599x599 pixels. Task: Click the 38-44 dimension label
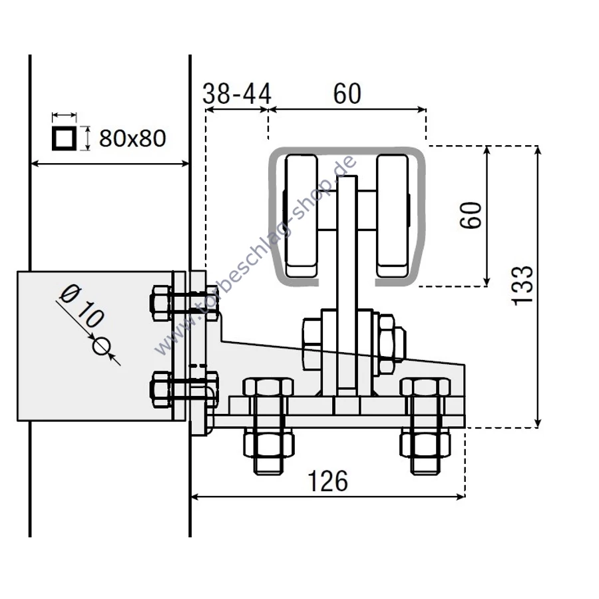coord(236,94)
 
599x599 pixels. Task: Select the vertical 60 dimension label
coord(471,216)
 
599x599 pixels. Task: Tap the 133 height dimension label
coord(522,285)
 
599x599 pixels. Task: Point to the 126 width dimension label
coord(327,481)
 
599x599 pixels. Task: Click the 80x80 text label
coord(132,138)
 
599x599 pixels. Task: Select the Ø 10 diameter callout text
coord(82,306)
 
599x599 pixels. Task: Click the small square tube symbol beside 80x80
coord(64,138)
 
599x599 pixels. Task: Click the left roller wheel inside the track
coord(301,216)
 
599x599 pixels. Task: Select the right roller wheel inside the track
coord(392,216)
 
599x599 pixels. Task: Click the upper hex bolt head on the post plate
coord(160,303)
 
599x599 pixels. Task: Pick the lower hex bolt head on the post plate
coord(160,389)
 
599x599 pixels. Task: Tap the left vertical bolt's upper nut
coord(268,387)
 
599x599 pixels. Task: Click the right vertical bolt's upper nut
coord(425,387)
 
